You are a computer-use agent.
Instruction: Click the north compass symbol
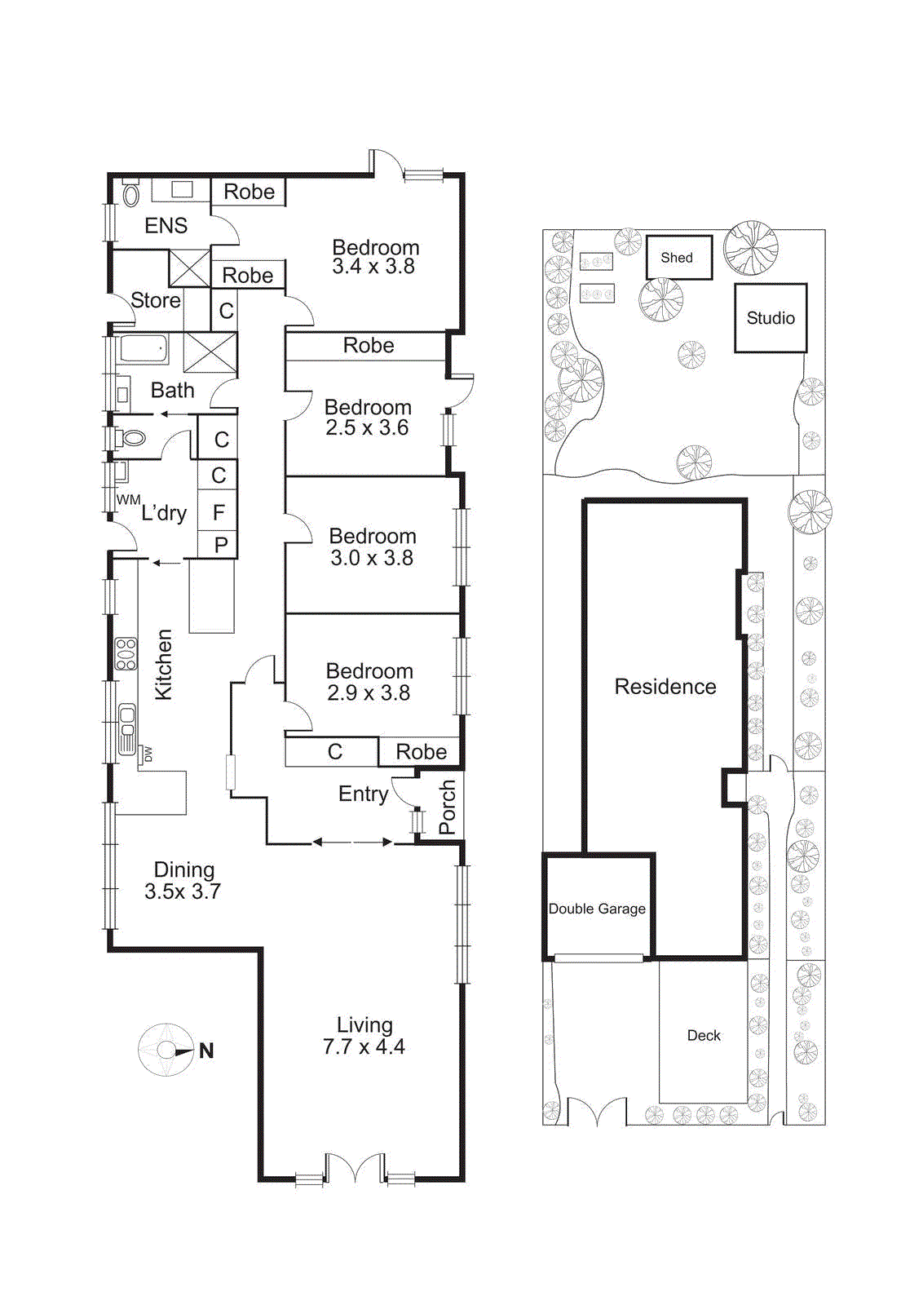[x=166, y=1050]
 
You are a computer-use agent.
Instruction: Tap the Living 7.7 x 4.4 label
[x=364, y=1036]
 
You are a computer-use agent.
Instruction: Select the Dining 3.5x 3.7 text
[x=183, y=881]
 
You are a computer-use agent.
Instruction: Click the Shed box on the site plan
[x=678, y=258]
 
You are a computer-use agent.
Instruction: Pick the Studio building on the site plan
[x=771, y=318]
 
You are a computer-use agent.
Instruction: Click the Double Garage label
[x=597, y=909]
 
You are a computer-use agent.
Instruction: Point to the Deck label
[x=704, y=1035]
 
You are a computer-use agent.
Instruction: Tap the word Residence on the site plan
[x=665, y=687]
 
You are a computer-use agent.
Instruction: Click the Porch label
[x=447, y=807]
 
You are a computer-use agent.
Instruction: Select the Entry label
[x=363, y=794]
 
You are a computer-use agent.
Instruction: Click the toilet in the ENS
[x=130, y=195]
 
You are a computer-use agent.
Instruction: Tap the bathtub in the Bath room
[x=144, y=349]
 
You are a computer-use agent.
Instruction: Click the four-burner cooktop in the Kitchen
[x=126, y=654]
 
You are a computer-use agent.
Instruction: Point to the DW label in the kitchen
[x=148, y=754]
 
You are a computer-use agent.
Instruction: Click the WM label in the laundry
[x=127, y=499]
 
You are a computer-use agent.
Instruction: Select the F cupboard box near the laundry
[x=219, y=512]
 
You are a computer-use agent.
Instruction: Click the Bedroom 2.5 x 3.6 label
[x=367, y=418]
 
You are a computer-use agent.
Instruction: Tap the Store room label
[x=156, y=300]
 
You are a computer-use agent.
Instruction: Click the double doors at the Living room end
[x=354, y=1168]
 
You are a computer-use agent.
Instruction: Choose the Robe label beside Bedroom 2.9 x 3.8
[x=421, y=751]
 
